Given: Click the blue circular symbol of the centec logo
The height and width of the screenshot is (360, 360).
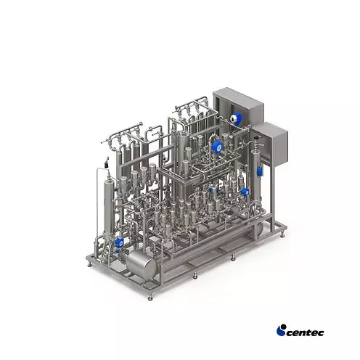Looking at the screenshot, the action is (x=281, y=330).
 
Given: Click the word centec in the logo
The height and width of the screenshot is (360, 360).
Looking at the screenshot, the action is (x=305, y=332).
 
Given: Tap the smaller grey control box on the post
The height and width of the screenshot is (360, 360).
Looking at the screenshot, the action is (x=272, y=144).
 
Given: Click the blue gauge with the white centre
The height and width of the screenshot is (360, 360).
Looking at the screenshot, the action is (x=234, y=118).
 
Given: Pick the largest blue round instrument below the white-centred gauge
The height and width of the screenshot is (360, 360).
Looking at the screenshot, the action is (x=217, y=147).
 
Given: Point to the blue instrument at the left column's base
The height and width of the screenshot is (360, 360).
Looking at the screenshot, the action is (x=118, y=242).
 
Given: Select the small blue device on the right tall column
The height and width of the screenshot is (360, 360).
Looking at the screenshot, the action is (x=259, y=171).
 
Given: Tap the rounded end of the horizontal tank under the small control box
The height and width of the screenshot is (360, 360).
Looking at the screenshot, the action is (x=259, y=228).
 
